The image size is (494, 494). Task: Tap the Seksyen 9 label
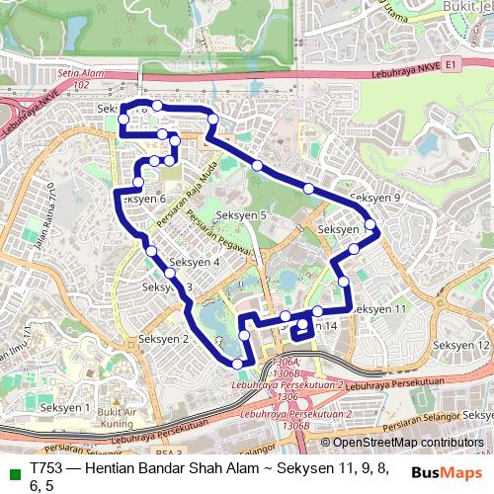[375, 198]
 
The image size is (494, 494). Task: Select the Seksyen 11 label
[379, 309]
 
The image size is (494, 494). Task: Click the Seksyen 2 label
[163, 339]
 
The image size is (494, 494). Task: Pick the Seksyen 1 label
[64, 407]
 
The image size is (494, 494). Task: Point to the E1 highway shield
[453, 64]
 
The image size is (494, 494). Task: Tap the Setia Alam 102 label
[81, 78]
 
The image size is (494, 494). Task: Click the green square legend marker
[12, 471]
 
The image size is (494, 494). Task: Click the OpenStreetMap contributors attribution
[402, 444]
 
